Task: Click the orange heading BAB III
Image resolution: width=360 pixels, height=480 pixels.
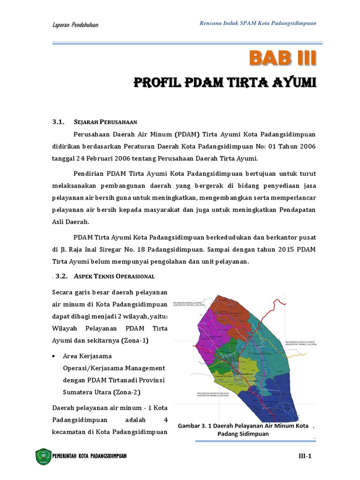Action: (283, 58)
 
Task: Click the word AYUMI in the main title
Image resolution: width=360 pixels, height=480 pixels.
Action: (291, 83)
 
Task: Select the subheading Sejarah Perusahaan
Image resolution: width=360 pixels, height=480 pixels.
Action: (105, 122)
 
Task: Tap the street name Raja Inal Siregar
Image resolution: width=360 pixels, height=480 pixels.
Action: (91, 248)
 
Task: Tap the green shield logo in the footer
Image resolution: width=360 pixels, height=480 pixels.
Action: (43, 456)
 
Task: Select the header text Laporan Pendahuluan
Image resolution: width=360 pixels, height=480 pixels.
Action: (78, 24)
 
